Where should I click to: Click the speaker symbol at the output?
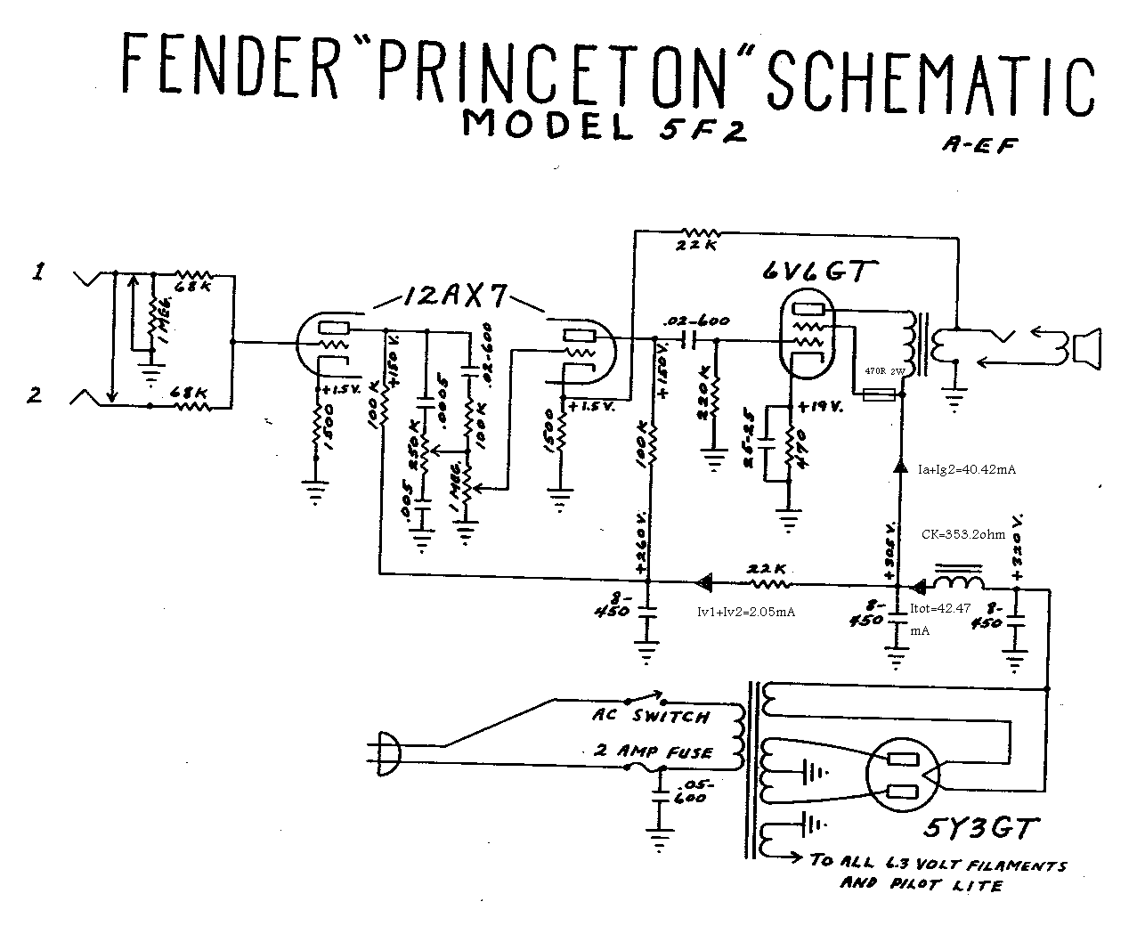pos(1087,348)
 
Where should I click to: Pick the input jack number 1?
pos(38,274)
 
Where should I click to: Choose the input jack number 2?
pos(35,394)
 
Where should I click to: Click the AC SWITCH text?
pos(650,716)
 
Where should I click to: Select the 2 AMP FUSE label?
pos(653,751)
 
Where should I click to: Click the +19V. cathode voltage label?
pos(822,406)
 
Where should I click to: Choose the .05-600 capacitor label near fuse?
pos(691,792)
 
